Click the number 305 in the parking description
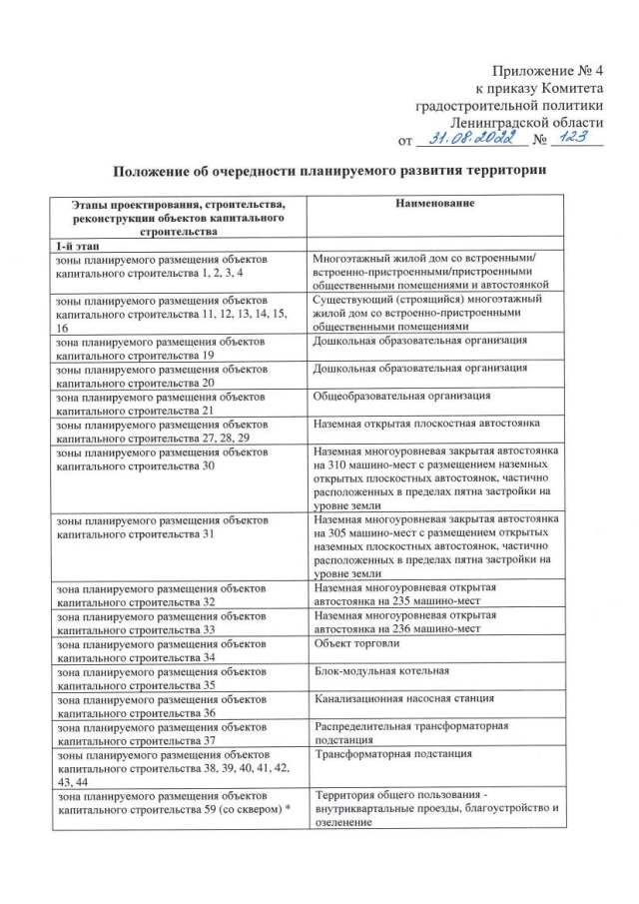click(x=331, y=533)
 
